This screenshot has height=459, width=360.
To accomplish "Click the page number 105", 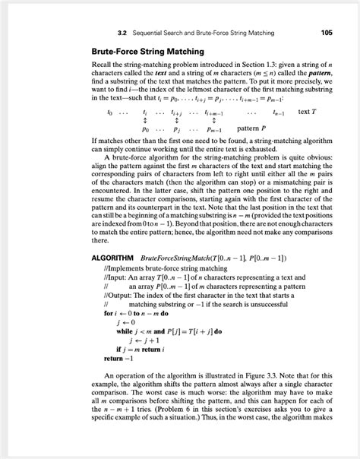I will [327, 33].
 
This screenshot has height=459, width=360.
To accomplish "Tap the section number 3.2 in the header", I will [122, 33].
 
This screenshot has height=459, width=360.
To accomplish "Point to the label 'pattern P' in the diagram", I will [257, 128].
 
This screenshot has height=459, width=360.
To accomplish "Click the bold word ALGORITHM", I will [112, 258].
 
